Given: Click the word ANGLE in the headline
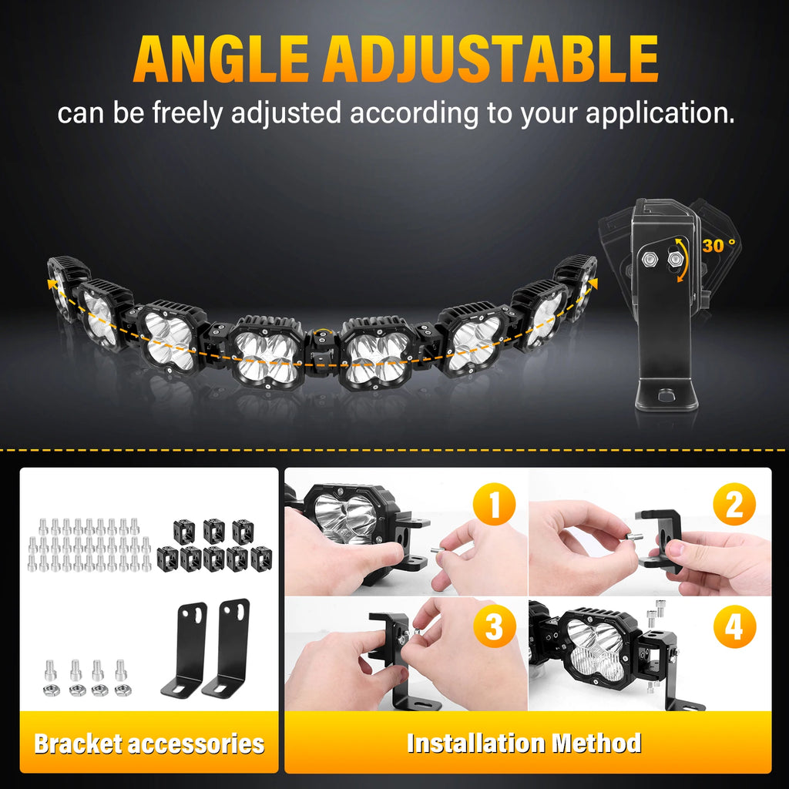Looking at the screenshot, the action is pyautogui.click(x=220, y=59).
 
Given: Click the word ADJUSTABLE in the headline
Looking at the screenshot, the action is pyautogui.click(x=491, y=59).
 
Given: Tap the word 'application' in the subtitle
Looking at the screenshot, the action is pyautogui.click(x=660, y=114).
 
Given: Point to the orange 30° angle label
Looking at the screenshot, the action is pyautogui.click(x=719, y=246).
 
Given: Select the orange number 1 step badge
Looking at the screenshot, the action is pyautogui.click(x=494, y=504).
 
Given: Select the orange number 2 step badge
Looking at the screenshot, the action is pyautogui.click(x=734, y=504).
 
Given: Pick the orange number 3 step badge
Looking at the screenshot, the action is pyautogui.click(x=494, y=626).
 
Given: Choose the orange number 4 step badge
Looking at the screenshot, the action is pyautogui.click(x=734, y=626).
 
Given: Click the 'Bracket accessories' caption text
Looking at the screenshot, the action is pyautogui.click(x=149, y=744).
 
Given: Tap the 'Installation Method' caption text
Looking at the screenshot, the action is pyautogui.click(x=524, y=744).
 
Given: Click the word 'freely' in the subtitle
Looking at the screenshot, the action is pyautogui.click(x=187, y=114).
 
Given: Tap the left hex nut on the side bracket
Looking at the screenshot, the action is pyautogui.click(x=649, y=260).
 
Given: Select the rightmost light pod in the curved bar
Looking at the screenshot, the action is pyautogui.click(x=577, y=285).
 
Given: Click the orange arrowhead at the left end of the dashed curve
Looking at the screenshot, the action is pyautogui.click(x=52, y=284).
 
